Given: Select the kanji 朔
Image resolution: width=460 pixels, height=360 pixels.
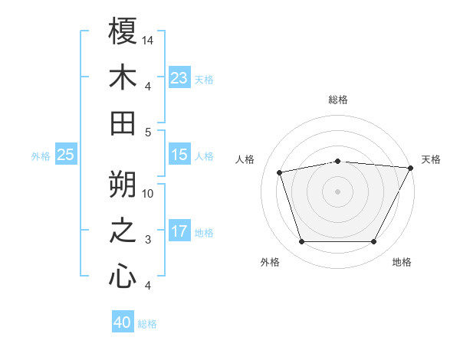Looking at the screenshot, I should click(123, 183).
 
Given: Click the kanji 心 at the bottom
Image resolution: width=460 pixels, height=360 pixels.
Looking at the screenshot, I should click(123, 276).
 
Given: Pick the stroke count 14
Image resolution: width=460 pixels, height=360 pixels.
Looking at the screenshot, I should click(148, 40).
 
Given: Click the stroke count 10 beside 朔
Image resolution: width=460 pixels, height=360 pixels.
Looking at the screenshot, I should click(148, 193).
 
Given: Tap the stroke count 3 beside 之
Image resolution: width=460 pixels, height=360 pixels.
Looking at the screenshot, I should click(148, 240).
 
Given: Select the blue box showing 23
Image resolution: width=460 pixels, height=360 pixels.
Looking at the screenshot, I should click(179, 78).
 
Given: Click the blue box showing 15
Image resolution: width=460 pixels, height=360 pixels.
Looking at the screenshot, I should click(179, 155).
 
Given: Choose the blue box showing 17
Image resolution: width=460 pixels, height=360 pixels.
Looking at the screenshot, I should click(179, 231).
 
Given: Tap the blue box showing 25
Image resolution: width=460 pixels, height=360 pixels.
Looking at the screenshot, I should click(65, 155).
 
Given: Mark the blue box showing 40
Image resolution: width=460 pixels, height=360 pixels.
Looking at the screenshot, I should click(123, 322).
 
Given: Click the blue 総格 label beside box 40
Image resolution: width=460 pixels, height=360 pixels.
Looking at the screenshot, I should click(147, 324).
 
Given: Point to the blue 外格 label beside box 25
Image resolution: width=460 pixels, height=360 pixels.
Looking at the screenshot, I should click(41, 156).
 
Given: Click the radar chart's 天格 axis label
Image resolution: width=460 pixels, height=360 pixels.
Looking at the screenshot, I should click(431, 159).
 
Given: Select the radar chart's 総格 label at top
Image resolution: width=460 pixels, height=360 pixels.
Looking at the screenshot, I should click(338, 100).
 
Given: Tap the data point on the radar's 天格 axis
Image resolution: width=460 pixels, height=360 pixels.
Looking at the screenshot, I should click(412, 168).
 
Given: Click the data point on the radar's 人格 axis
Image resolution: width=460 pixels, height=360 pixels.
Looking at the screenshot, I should click(279, 172).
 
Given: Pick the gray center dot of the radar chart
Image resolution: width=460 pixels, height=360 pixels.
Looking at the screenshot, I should click(338, 191).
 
